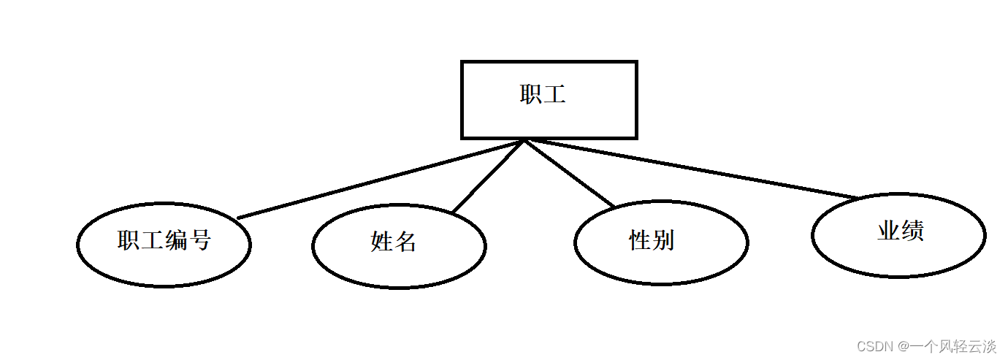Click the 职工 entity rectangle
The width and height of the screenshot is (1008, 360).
549,100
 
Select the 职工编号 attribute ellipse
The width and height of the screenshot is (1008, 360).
164,245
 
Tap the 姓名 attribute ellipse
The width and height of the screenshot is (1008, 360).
399,245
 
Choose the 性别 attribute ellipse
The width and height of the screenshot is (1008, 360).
661,242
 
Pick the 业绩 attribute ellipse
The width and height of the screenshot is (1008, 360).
898,235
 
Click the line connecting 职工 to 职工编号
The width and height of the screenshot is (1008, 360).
380,179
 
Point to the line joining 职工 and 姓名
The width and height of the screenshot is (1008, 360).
488,177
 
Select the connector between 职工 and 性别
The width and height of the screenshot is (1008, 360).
570,174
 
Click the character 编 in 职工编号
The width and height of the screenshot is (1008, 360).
176,240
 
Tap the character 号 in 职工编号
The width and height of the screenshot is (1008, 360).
199,240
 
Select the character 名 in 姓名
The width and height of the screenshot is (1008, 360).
405,242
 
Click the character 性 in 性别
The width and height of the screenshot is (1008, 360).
640,240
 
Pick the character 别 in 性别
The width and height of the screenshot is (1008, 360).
663,240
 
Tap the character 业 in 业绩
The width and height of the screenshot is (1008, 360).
888,231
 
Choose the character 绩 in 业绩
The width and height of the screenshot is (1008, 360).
912,231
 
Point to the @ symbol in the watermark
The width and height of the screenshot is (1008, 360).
904,345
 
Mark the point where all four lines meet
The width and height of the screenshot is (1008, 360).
524,140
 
